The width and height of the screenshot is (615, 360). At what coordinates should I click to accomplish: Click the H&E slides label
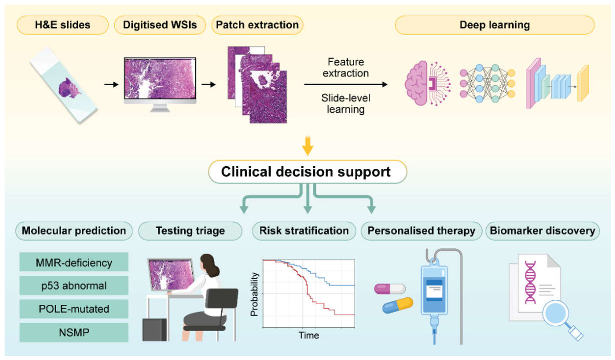tap(63, 25)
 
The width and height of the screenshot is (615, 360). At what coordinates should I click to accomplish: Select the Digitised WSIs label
tap(160, 25)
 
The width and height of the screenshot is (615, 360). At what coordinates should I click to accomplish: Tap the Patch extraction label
tap(257, 25)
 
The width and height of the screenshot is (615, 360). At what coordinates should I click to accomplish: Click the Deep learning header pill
tap(495, 25)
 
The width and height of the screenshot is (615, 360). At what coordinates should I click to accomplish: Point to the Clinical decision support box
tap(308, 172)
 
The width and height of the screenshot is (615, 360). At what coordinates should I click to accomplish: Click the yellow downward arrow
tap(308, 146)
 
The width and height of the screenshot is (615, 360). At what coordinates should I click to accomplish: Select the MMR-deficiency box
tap(74, 262)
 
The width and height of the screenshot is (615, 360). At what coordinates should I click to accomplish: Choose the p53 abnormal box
tap(74, 286)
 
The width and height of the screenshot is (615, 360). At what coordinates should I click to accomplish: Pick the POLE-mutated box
tap(74, 309)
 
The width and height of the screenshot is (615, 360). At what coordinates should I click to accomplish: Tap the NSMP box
tap(74, 332)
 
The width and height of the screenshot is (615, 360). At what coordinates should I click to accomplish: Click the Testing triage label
tap(190, 231)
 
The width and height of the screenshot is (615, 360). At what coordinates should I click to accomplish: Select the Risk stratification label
tap(304, 231)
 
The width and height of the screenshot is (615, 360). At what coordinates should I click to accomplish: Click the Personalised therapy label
tap(421, 231)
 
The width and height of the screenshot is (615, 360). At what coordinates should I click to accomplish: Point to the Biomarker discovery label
tap(543, 231)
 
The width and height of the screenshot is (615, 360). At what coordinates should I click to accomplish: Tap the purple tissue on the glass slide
tap(69, 88)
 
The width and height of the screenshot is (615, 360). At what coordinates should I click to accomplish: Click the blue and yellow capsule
tap(397, 305)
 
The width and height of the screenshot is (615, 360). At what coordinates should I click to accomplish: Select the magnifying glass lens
tap(556, 313)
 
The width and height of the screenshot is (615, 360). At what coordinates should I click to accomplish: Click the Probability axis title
tap(255, 294)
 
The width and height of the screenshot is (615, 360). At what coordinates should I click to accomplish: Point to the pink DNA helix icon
tap(530, 282)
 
